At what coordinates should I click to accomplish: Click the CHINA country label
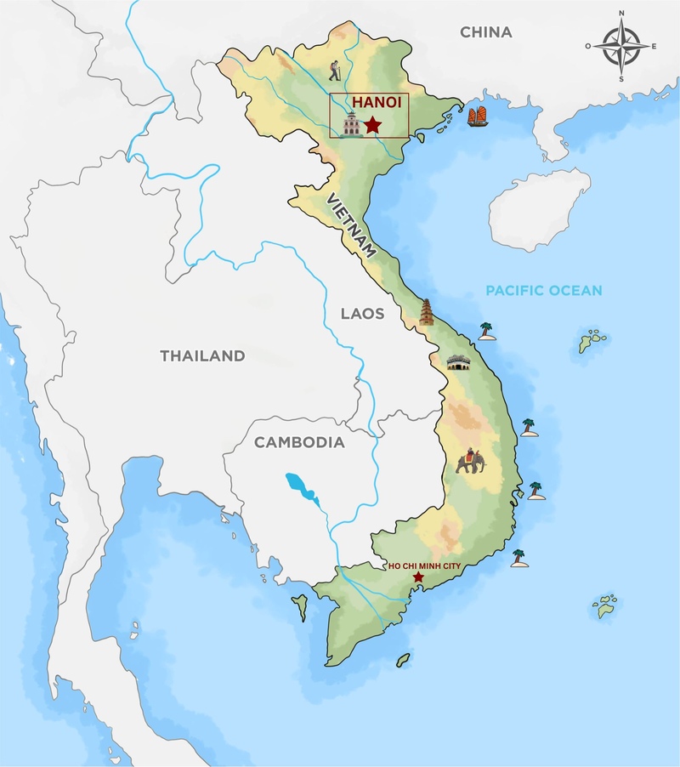(486, 32)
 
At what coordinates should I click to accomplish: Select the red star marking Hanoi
(372, 126)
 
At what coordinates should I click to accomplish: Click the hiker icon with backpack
(337, 70)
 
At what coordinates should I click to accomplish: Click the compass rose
(620, 47)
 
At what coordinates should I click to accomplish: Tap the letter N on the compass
(621, 14)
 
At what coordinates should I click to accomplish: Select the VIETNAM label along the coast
(352, 224)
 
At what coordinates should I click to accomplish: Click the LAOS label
(362, 314)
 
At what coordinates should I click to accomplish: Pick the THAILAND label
(202, 356)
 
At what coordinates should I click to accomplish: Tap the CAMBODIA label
(299, 442)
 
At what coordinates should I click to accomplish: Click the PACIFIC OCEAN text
(543, 291)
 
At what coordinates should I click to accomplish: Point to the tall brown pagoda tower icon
(426, 312)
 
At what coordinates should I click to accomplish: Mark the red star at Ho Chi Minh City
(417, 577)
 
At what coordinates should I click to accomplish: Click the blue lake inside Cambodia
(300, 487)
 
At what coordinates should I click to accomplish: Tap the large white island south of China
(540, 207)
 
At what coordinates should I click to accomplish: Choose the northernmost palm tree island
(486, 331)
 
